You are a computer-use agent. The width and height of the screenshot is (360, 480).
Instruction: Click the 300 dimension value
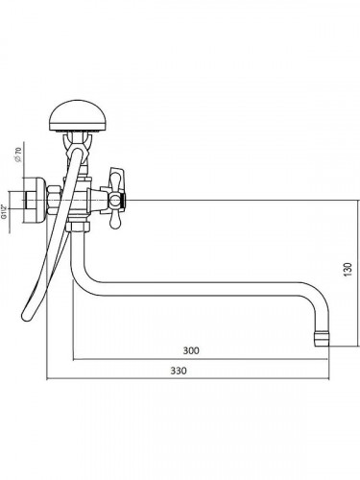pyautogui.click(x=191, y=350)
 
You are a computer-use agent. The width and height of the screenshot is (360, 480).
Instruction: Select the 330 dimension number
pyautogui.click(x=179, y=371)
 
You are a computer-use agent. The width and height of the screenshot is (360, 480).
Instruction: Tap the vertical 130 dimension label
pyautogui.click(x=348, y=270)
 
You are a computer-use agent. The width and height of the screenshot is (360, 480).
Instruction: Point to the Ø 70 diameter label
pyautogui.click(x=19, y=155)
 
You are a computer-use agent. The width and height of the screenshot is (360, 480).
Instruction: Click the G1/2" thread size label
pyautogui.click(x=4, y=211)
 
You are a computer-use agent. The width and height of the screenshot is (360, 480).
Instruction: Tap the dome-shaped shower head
pyautogui.click(x=77, y=115)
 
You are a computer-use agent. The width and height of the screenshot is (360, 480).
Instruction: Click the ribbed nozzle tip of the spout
pyautogui.click(x=322, y=340)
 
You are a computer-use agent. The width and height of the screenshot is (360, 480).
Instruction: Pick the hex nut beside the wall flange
pyautogui.click(x=54, y=201)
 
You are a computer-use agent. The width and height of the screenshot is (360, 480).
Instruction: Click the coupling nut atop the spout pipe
pyautogui.click(x=78, y=228)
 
